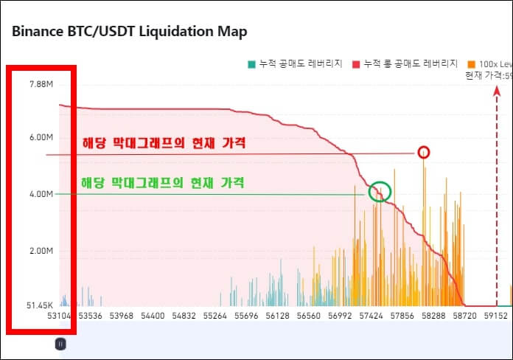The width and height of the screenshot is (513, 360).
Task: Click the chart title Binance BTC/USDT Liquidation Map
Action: coord(129,31)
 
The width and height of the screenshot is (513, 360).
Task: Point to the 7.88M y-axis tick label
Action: coord(42,84)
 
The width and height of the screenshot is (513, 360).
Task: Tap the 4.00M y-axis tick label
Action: coord(42,194)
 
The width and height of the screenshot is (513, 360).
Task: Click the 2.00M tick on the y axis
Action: coord(42,251)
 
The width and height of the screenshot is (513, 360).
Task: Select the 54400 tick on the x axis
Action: coord(152,316)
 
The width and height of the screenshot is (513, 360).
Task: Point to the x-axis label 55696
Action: coord(246,316)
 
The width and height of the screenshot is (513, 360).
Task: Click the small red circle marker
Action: coord(423,153)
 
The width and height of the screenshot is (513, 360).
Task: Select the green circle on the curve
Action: coord(380,192)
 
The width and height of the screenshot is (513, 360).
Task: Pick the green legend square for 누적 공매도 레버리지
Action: coord(251,64)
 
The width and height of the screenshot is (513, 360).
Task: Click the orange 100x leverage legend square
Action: coord(471,64)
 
